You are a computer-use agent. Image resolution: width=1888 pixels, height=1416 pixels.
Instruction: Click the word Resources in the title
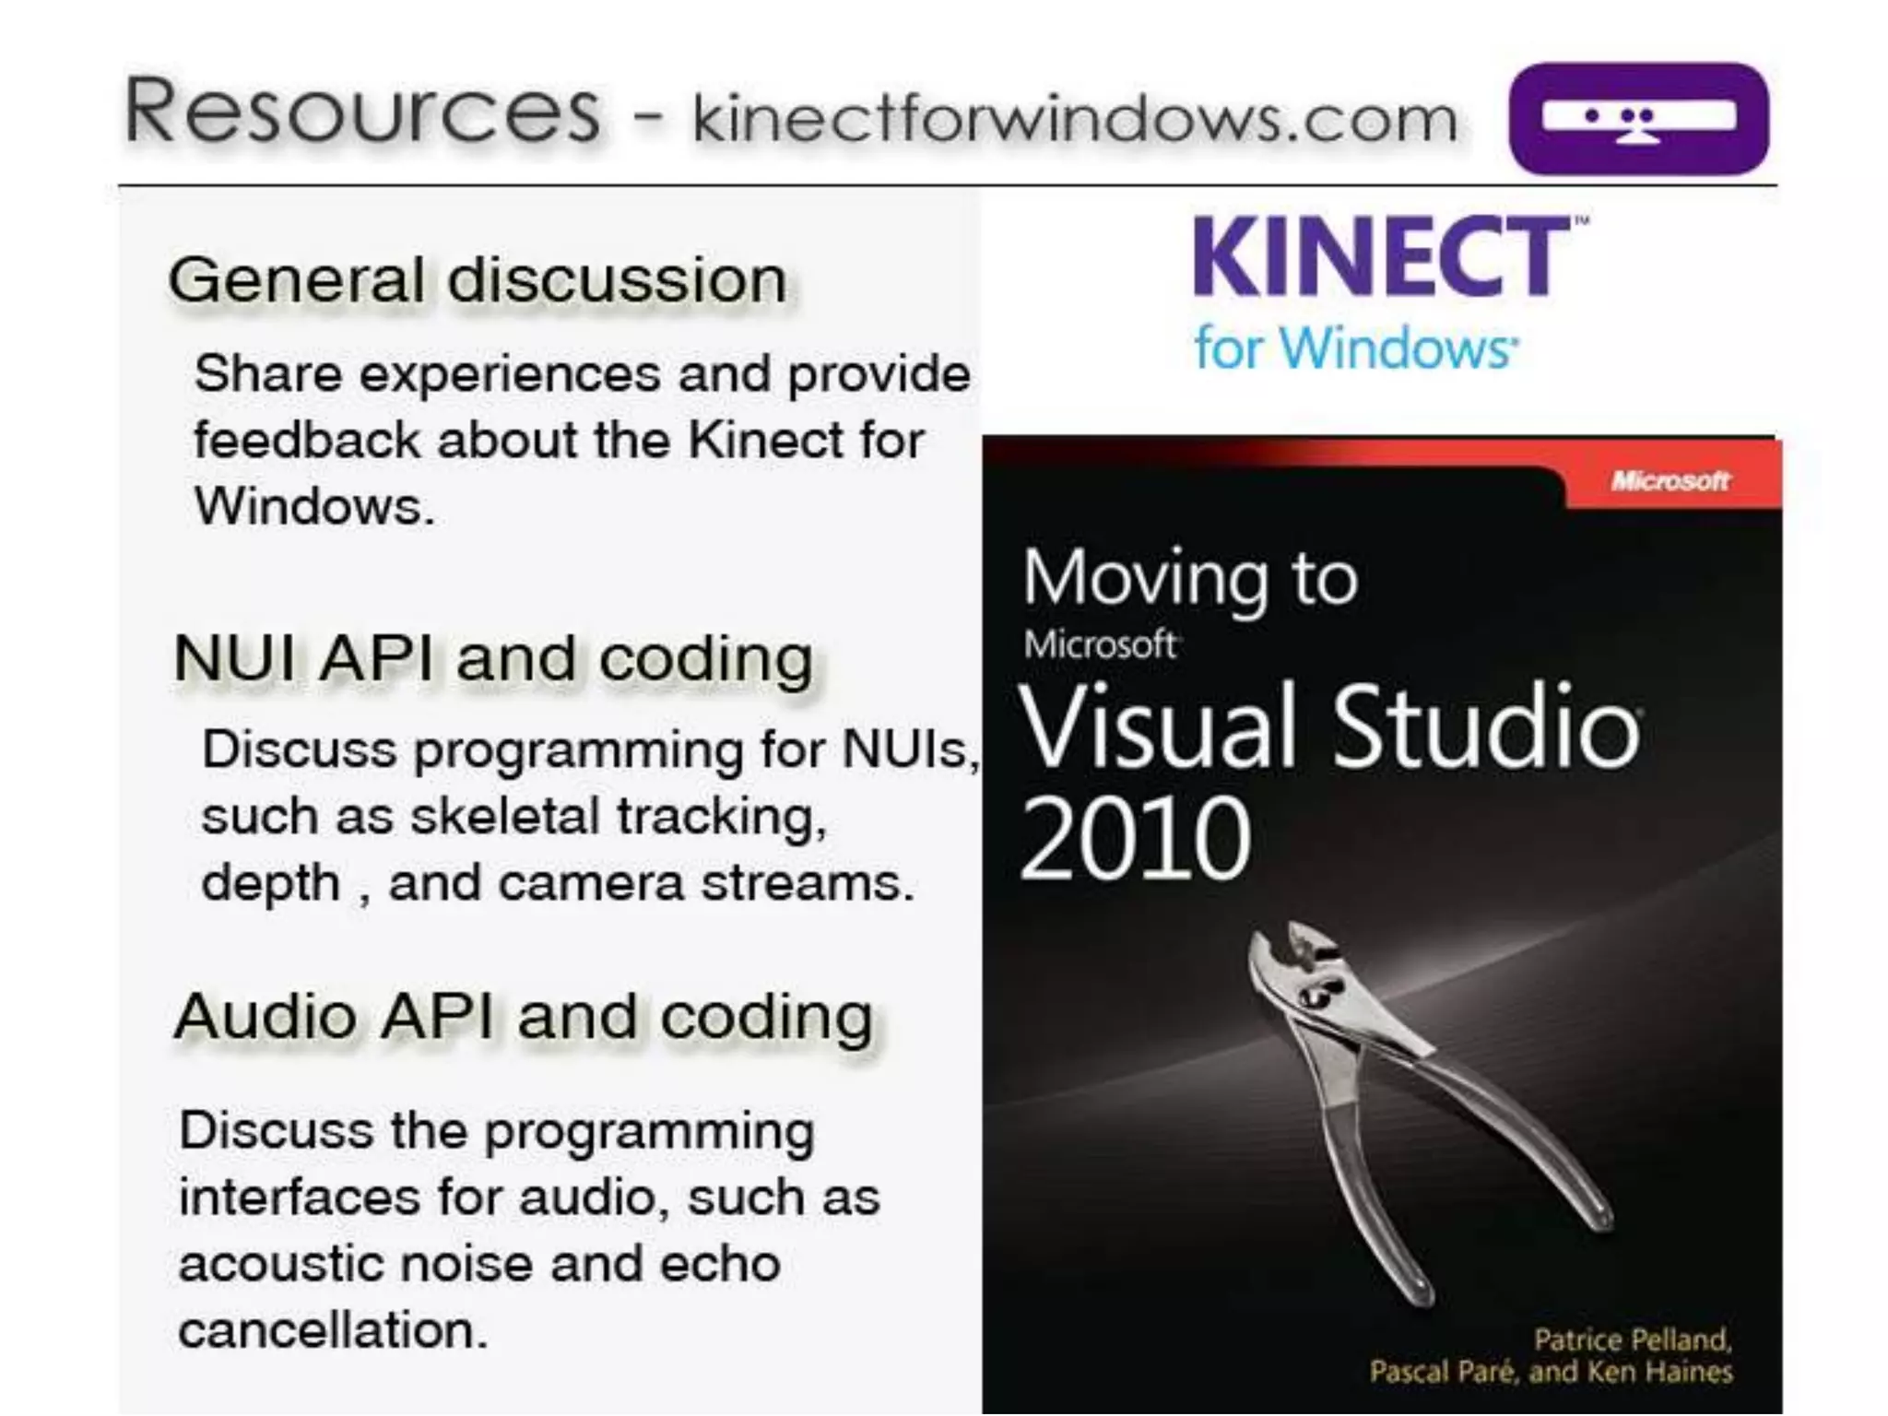tap(361, 112)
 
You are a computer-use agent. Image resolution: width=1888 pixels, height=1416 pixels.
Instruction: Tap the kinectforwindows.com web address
tap(1074, 120)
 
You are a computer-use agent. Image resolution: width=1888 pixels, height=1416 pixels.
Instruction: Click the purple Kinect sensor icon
tap(1638, 118)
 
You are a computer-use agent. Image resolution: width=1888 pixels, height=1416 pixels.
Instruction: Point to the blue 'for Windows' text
tap(1354, 348)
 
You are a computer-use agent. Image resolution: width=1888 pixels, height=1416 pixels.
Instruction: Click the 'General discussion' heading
tap(477, 280)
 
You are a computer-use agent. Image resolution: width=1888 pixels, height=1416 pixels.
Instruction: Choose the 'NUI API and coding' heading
tap(493, 659)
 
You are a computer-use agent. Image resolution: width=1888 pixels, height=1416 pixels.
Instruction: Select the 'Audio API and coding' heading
tap(523, 1017)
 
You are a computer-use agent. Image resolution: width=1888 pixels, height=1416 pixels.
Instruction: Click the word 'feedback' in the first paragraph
tap(306, 440)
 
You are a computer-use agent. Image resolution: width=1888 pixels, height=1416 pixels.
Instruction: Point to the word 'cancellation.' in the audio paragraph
tap(333, 1330)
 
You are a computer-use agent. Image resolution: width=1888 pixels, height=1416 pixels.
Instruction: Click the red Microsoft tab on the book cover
tap(1670, 480)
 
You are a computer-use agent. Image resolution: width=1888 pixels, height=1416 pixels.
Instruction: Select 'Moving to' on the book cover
tap(1189, 579)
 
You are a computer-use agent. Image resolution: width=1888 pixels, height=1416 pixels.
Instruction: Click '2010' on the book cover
tap(1135, 838)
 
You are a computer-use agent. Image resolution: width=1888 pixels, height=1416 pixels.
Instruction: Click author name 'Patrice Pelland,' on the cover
tap(1632, 1339)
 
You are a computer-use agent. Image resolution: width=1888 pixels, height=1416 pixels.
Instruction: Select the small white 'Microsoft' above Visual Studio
tap(1099, 644)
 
